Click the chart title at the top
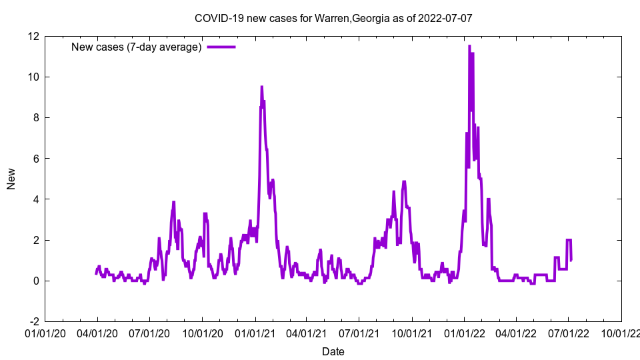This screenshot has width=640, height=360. [x=333, y=18]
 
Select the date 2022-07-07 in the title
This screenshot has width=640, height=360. [x=445, y=18]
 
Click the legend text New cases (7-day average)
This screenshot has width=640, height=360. [x=136, y=47]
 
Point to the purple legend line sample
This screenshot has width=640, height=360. [x=221, y=47]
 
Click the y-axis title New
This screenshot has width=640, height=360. [x=11, y=179]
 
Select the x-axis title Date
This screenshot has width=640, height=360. [x=333, y=351]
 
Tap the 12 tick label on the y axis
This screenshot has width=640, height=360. [x=33, y=36]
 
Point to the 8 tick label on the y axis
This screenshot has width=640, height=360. [x=35, y=117]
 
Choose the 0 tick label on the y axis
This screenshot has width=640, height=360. [x=35, y=281]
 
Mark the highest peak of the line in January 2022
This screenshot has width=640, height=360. [x=469, y=46]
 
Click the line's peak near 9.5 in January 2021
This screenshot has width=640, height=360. [x=261, y=87]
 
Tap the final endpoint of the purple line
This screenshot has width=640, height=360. [x=571, y=259]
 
